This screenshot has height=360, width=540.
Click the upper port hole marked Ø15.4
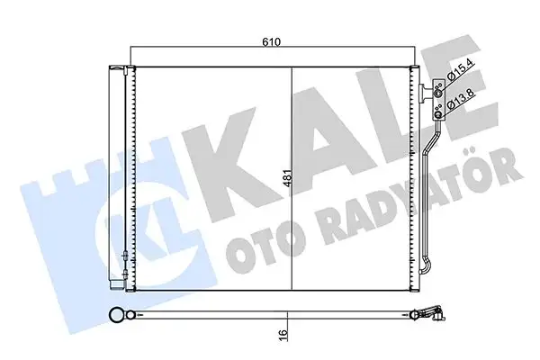438,89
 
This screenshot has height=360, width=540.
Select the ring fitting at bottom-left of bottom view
116,315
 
